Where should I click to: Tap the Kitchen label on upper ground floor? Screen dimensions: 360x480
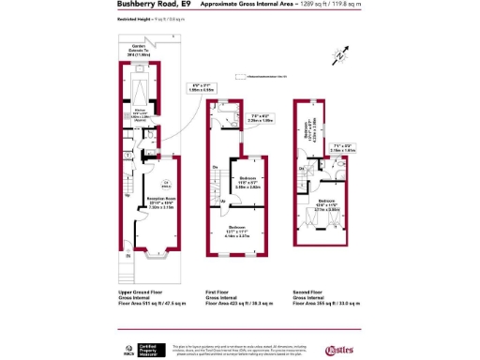click(x=137, y=112)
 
